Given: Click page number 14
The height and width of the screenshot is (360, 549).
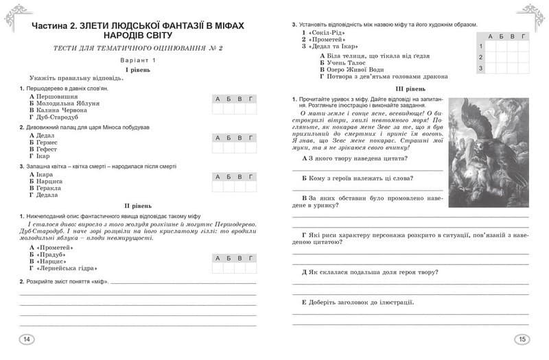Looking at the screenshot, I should [27, 339].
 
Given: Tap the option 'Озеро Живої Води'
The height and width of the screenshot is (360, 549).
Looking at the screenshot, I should [355, 69].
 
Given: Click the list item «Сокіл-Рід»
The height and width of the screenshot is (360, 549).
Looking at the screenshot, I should [328, 32].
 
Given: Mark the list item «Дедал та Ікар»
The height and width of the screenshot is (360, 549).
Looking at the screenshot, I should [334, 46].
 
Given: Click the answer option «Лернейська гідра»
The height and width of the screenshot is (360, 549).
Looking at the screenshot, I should [64, 269].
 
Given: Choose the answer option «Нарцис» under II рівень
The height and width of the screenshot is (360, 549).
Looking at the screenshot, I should [47, 261].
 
